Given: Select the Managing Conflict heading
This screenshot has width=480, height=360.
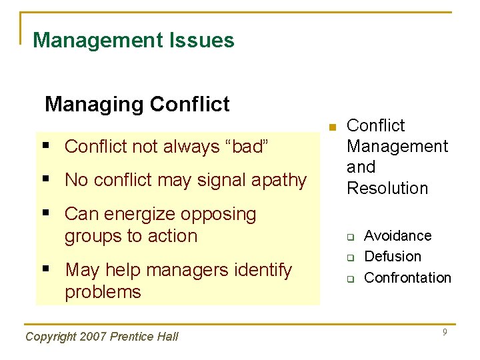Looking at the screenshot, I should [137, 105].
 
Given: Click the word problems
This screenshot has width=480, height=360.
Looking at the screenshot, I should [103, 292].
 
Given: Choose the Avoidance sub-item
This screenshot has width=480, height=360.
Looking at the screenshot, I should [397, 236].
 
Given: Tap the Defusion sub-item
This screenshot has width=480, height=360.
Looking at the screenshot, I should [393, 257].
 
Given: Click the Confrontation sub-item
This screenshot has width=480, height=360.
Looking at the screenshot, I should [407, 278].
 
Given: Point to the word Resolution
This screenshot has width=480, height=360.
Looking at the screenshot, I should [387, 189].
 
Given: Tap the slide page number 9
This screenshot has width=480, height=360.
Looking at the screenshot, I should [444, 332].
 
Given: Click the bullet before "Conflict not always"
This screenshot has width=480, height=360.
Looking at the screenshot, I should [53, 146].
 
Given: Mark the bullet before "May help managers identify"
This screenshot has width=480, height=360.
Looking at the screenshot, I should [53, 270].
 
